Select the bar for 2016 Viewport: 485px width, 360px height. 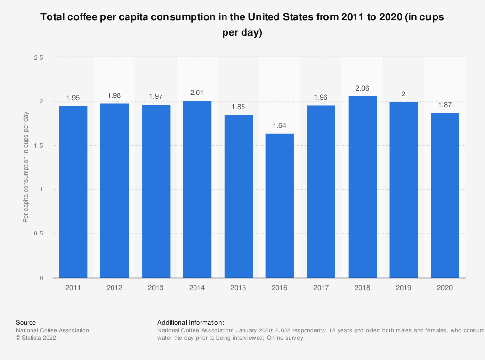pos(280,205)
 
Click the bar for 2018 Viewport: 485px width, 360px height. pos(362,187)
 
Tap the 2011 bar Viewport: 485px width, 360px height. pos(73,192)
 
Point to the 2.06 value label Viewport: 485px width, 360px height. pos(362,89)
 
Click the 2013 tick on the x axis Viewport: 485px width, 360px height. pos(156,288)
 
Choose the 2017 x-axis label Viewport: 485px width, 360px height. pos(321,288)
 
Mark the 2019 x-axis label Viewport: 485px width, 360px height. pos(404,288)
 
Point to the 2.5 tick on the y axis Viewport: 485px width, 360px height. pos(38,58)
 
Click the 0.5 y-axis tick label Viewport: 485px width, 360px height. pos(38,234)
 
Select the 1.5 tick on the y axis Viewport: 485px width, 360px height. pos(38,145)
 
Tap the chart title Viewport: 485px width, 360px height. pos(242,25)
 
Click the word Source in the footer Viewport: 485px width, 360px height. pos(26,322)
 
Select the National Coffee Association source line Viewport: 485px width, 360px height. pos(52,330)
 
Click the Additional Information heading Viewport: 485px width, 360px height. pos(190,322)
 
